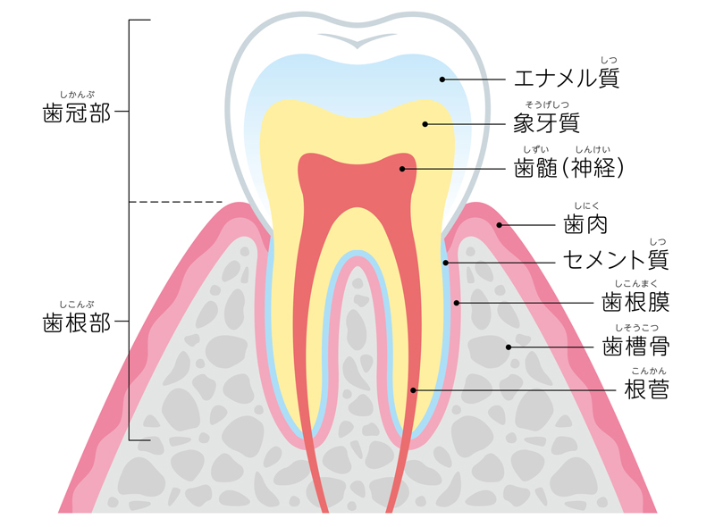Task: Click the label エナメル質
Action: pos(567,79)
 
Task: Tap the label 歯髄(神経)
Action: pos(568,167)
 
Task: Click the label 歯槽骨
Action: pos(636,346)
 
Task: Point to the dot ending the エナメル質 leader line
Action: pos(442,79)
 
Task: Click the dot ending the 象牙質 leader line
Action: pos(425,124)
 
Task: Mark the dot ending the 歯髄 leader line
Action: pos(402,168)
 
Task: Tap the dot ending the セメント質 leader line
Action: pos(445,263)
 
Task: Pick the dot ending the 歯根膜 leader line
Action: pos(456,303)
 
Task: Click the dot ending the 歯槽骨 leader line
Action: pos(509,347)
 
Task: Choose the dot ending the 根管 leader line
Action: pos(413,389)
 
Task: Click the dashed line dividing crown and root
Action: pos(175,202)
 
